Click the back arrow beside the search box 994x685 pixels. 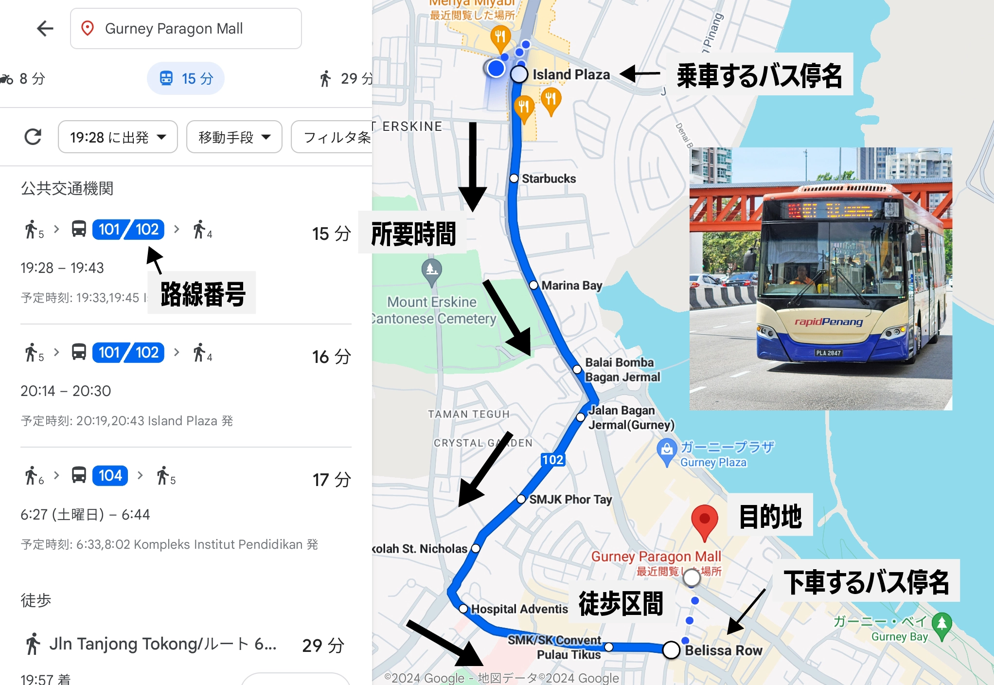pyautogui.click(x=45, y=28)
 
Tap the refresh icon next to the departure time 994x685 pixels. pyautogui.click(x=33, y=137)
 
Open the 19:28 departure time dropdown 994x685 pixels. pyautogui.click(x=118, y=137)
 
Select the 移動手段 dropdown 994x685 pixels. pyautogui.click(x=234, y=137)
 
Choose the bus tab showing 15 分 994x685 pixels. pyautogui.click(x=186, y=78)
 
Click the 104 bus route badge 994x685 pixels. pyautogui.click(x=110, y=475)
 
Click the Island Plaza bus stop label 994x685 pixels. pyautogui.click(x=571, y=74)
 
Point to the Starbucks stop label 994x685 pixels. pyautogui.click(x=549, y=179)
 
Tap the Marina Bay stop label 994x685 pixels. pyautogui.click(x=571, y=286)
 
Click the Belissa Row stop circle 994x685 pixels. pyautogui.click(x=671, y=649)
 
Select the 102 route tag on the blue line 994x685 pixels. pyautogui.click(x=553, y=460)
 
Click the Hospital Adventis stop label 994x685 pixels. pyautogui.click(x=519, y=609)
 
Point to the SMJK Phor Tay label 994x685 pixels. pyautogui.click(x=570, y=500)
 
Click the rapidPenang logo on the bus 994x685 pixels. pyautogui.click(x=828, y=322)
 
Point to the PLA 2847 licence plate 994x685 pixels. pyautogui.click(x=828, y=353)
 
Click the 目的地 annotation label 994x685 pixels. pyautogui.click(x=770, y=516)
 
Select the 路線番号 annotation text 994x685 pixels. pyautogui.click(x=203, y=294)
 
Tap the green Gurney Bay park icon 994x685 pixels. pyautogui.click(x=942, y=623)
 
